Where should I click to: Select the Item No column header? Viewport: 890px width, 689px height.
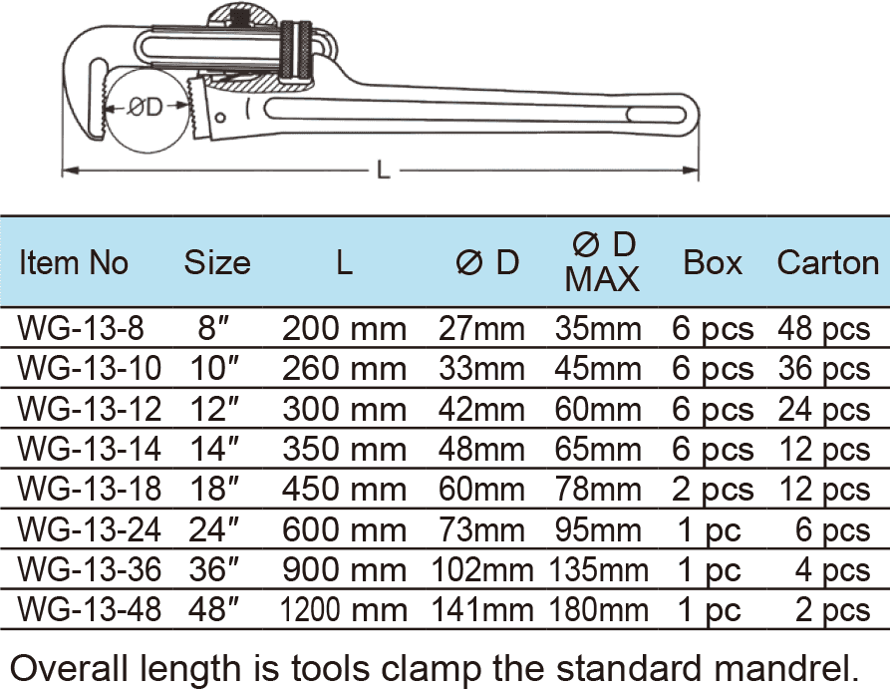(x=75, y=262)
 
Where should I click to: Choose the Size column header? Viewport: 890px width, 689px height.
(x=217, y=262)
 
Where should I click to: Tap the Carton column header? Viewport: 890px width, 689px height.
(x=827, y=262)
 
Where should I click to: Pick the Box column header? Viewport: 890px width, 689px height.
(x=713, y=262)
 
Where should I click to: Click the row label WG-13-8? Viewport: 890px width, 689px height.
(x=76, y=329)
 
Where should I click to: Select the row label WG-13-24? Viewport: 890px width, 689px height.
(x=89, y=529)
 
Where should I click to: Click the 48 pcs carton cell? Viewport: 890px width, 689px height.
(x=823, y=329)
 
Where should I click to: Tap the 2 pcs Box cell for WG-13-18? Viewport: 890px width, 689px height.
(x=713, y=490)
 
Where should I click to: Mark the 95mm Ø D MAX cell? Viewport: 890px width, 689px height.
(x=602, y=529)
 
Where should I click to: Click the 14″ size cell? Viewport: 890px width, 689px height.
(x=216, y=449)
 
